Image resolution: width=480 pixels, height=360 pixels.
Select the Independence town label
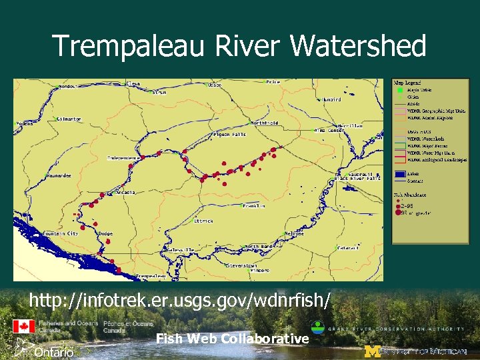point(125,158)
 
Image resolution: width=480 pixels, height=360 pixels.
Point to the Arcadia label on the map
point(125,192)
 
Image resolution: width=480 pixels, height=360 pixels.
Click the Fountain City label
point(61,234)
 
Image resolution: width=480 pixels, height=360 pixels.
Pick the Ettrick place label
point(203,221)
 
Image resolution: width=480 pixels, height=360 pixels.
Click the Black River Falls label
point(357,179)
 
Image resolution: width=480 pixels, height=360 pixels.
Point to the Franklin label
point(254,206)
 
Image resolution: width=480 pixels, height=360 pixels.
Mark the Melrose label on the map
point(295,234)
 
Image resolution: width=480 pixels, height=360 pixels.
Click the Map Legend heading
point(407,83)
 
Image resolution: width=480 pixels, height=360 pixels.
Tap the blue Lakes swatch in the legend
point(398,173)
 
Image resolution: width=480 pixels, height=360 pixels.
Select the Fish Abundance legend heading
point(410,195)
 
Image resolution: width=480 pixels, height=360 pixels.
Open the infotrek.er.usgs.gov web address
point(179,301)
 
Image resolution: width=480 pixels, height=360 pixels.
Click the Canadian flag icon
point(23,327)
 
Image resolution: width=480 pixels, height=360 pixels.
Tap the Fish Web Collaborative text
point(233,339)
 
